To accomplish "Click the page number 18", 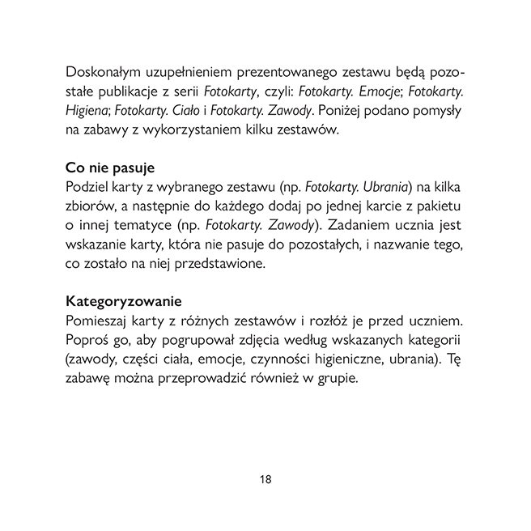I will [x=265, y=479].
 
